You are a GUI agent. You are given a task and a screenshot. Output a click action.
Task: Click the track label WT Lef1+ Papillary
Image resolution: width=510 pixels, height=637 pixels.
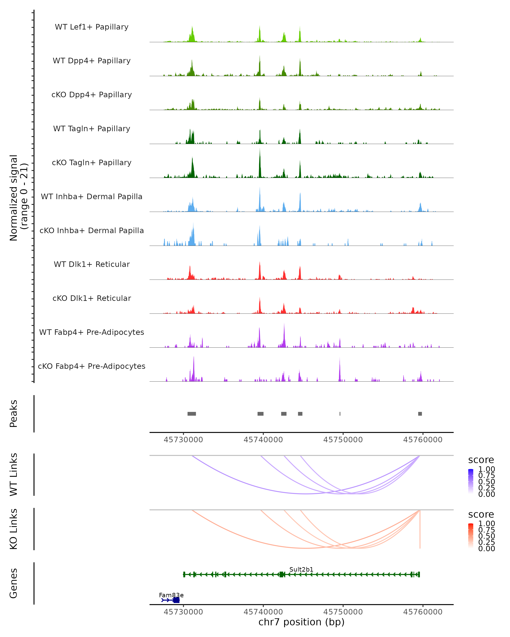coord(92,27)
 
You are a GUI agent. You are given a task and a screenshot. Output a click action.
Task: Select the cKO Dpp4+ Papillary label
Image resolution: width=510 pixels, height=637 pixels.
coord(92,94)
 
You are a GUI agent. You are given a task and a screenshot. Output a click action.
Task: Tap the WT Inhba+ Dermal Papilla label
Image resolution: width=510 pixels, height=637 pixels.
coord(92,196)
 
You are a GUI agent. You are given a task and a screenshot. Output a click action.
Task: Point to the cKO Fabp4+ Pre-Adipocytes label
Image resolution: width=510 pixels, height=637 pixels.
coord(92,366)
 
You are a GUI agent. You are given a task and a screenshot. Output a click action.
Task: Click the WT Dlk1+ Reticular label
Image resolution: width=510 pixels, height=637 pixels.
coord(92,264)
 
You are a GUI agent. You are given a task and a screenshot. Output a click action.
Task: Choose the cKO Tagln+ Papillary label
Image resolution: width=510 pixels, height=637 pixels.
coord(92,162)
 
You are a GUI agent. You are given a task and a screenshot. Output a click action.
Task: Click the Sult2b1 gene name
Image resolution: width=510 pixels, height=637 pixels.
coord(301,569)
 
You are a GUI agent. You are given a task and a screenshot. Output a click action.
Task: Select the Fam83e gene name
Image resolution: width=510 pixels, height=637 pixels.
coord(171,595)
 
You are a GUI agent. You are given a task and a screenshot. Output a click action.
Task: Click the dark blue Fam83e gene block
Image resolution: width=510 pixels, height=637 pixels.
coord(176,600)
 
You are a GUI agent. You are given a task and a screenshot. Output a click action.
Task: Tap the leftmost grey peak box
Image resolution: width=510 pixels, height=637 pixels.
coord(192,414)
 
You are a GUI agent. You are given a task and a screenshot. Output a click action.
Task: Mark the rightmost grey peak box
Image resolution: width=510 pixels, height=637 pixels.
coord(420,414)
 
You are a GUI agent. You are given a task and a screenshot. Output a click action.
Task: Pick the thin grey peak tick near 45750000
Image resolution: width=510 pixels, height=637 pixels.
coord(340,414)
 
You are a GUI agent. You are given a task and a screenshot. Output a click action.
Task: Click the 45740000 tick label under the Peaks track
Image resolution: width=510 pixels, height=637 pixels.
coord(263,440)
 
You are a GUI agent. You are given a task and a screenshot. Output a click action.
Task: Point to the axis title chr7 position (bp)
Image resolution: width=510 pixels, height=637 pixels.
coord(301,622)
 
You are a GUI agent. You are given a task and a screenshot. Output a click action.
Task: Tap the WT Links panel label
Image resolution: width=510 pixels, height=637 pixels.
coord(14,475)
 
